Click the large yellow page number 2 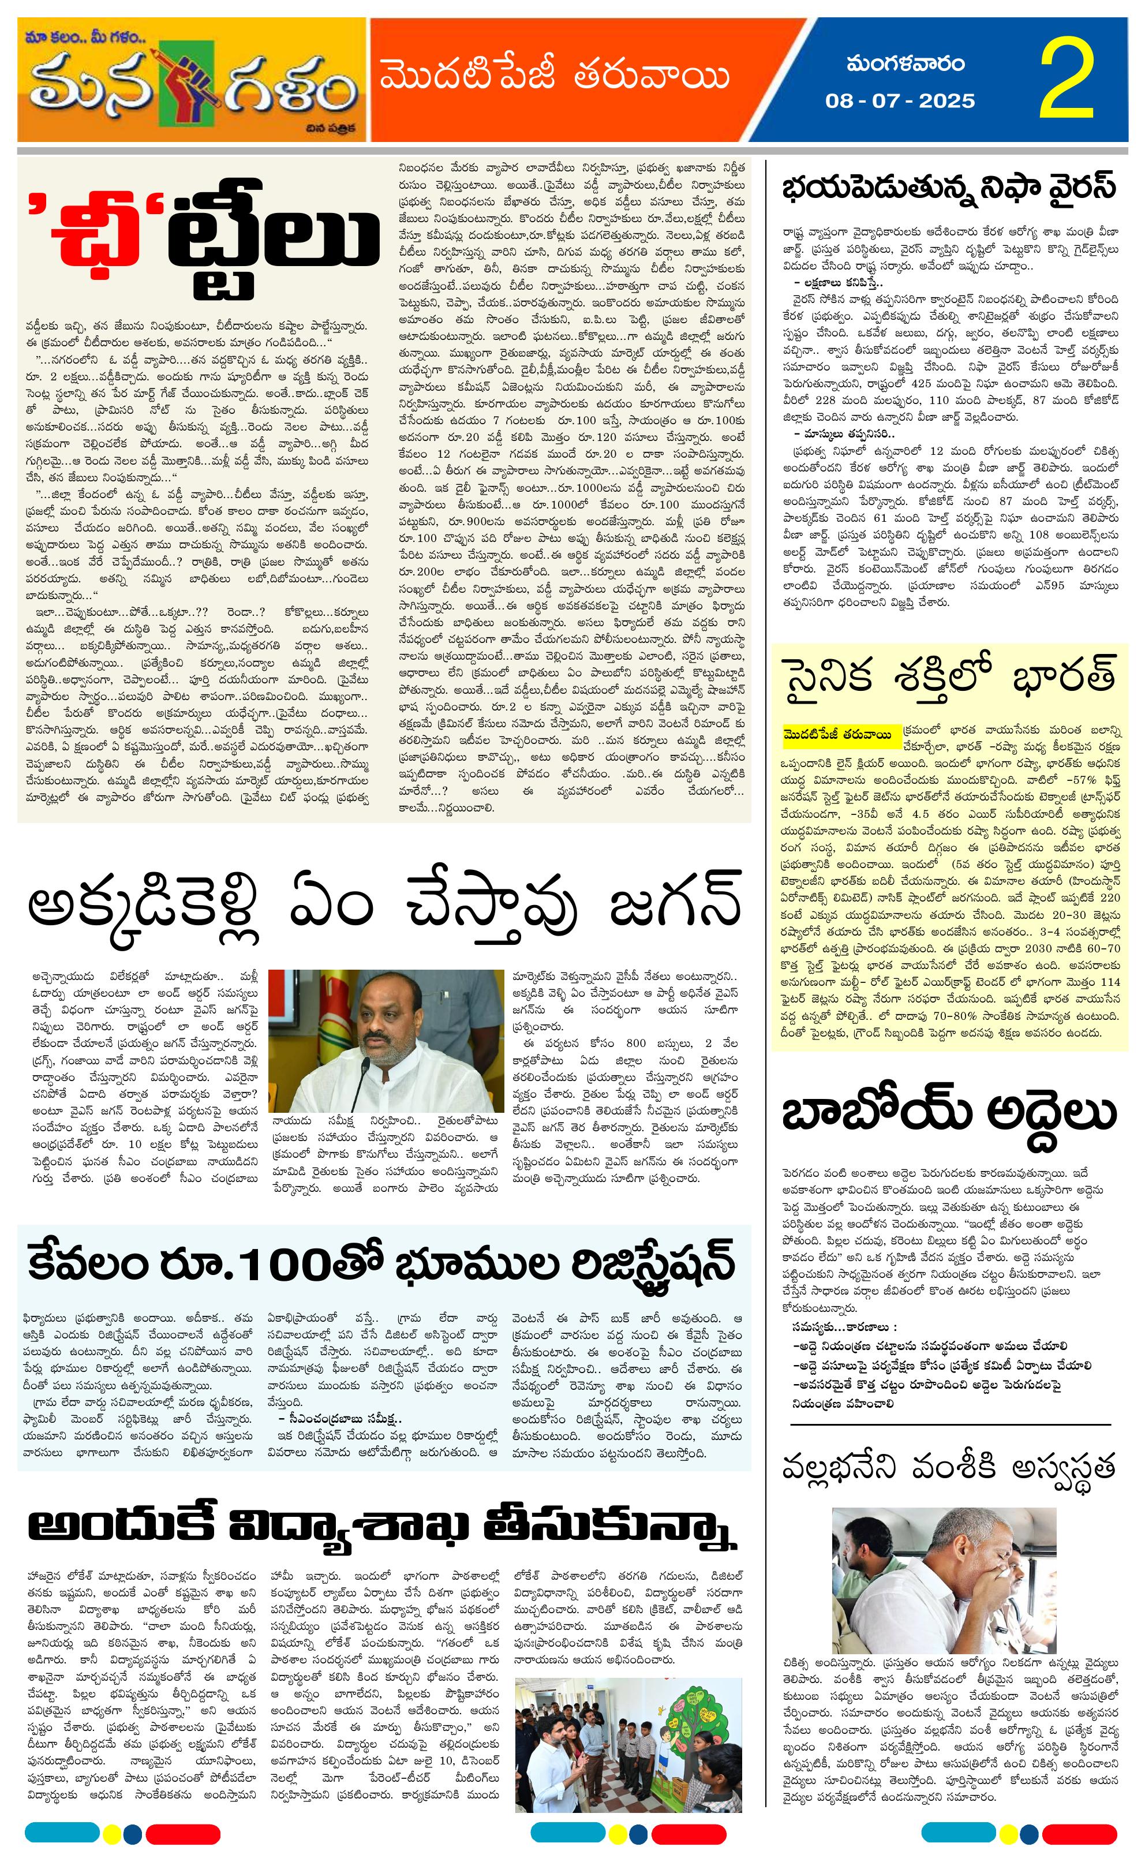coord(1068,80)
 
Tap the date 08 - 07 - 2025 coord(900,100)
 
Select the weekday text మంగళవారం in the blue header coord(905,63)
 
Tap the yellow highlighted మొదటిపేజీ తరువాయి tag coord(837,733)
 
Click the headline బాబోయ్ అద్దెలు coord(949,1112)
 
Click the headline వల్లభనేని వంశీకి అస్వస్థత coord(949,1467)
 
